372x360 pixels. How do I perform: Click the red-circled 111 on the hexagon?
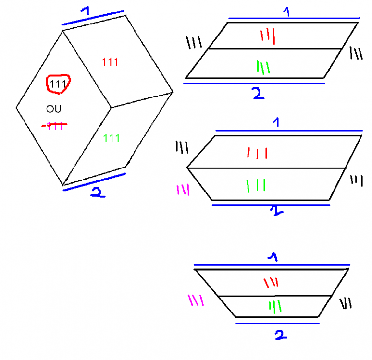tap(58, 84)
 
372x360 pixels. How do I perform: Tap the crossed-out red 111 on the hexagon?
tap(54, 126)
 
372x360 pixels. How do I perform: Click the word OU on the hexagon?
tap(54, 109)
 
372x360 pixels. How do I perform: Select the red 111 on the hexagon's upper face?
tap(111, 62)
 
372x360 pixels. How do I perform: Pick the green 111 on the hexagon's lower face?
tap(112, 138)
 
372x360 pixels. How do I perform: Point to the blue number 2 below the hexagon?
tap(97, 193)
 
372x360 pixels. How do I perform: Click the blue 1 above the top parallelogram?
tap(287, 12)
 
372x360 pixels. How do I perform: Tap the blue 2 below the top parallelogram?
tap(258, 93)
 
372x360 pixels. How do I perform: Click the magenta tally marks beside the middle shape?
tap(183, 190)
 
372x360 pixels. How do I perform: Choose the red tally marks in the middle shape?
tap(257, 153)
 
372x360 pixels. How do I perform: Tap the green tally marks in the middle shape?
tap(256, 185)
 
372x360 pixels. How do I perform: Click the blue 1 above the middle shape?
tap(276, 123)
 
